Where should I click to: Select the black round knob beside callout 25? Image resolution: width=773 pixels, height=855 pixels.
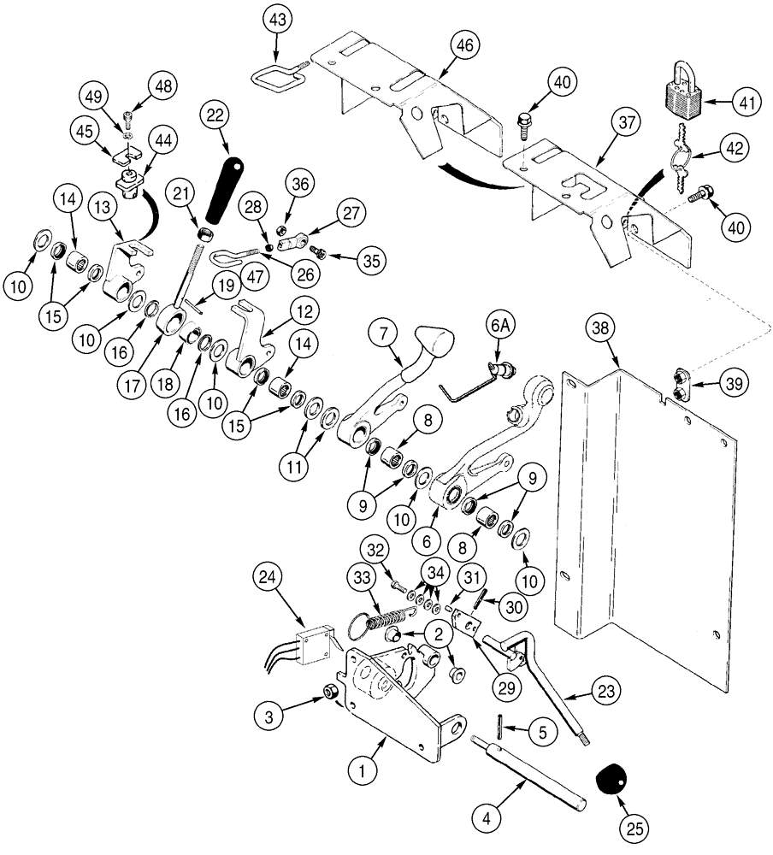(x=609, y=779)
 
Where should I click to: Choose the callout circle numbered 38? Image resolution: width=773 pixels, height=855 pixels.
(x=602, y=327)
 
